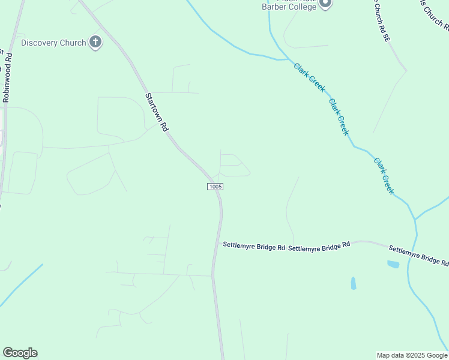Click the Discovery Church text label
[x=53, y=43]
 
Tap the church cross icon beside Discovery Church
[x=95, y=42]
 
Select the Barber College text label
[x=289, y=7]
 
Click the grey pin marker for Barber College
[x=325, y=4]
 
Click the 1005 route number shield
[x=215, y=187]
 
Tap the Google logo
[x=20, y=353]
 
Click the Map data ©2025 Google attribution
[x=412, y=355]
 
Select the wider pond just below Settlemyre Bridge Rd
[x=394, y=263]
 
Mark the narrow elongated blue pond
[x=353, y=283]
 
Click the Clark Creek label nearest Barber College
[x=310, y=77]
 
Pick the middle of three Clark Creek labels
[x=339, y=117]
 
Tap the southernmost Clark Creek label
[x=384, y=176]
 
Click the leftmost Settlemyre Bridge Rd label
[x=253, y=245]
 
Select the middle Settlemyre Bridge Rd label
[x=319, y=246]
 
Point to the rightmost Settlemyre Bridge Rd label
[x=418, y=255]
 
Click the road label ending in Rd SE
[x=382, y=20]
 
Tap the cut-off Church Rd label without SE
[x=433, y=14]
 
